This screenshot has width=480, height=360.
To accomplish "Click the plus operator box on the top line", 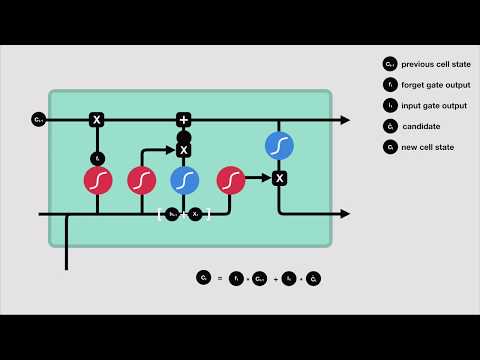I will coord(183,120).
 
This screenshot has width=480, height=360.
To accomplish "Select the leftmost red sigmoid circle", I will coord(97,180).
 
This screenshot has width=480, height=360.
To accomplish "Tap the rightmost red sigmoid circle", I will coord(230,180).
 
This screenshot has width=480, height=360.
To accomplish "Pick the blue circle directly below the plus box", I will coord(184,180).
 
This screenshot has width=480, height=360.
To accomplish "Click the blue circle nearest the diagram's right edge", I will coord(279,145).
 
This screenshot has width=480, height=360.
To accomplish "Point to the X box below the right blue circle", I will coord(279,178).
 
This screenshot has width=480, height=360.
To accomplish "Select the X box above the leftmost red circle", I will coord(97,120).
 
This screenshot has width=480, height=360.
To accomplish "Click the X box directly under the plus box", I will coord(183,150).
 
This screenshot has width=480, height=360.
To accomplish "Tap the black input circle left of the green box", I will coord(38,120).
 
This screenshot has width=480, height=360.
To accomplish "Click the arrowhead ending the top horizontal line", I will coord(345,120).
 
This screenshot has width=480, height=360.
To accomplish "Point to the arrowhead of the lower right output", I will coord(345,214).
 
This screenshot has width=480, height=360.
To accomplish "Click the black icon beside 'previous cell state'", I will coord(389,65).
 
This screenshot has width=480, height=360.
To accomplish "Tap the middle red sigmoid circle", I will coord(142,180).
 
